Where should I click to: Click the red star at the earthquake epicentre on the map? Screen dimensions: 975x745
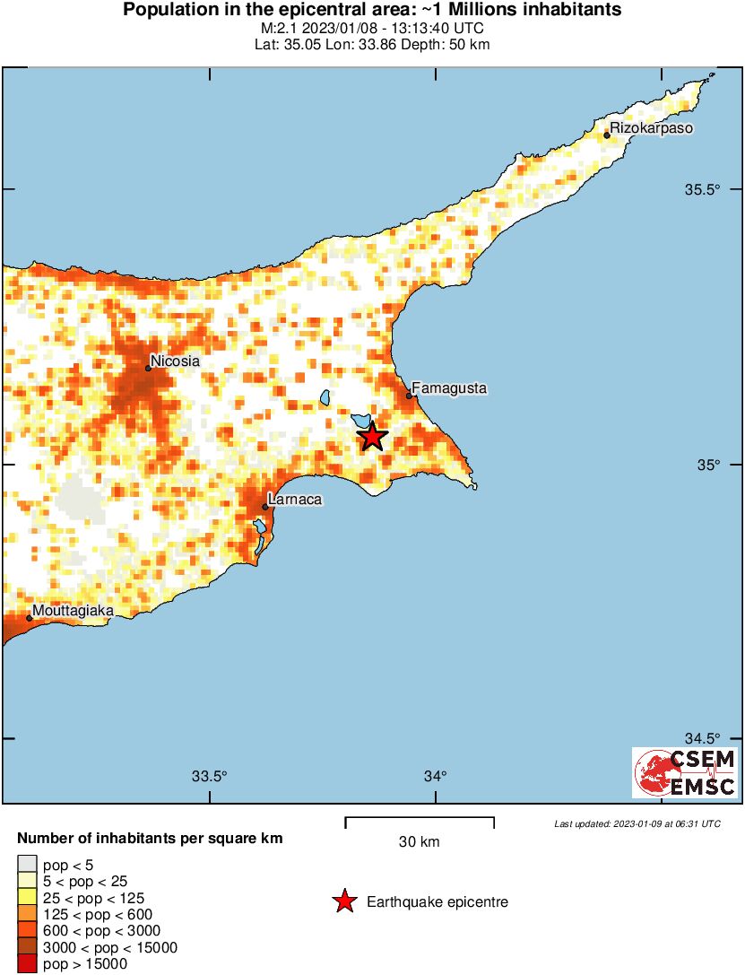click(x=373, y=437)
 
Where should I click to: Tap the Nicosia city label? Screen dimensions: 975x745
click(x=175, y=361)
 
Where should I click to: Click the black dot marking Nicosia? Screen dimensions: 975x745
click(x=148, y=368)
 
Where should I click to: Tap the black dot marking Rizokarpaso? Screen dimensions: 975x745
click(x=607, y=135)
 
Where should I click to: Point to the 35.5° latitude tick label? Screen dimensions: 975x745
click(x=703, y=189)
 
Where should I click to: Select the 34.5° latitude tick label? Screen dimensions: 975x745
click(x=703, y=738)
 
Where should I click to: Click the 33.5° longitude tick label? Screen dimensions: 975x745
click(x=211, y=777)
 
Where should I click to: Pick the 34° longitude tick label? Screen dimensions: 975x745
click(x=436, y=777)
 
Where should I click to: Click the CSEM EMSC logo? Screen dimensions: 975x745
click(x=685, y=772)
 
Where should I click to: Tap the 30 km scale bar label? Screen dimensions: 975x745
click(x=419, y=841)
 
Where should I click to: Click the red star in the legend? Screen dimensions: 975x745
click(x=344, y=902)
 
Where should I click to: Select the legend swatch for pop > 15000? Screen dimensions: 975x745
click(x=27, y=964)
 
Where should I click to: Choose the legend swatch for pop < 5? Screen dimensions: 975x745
click(x=27, y=864)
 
